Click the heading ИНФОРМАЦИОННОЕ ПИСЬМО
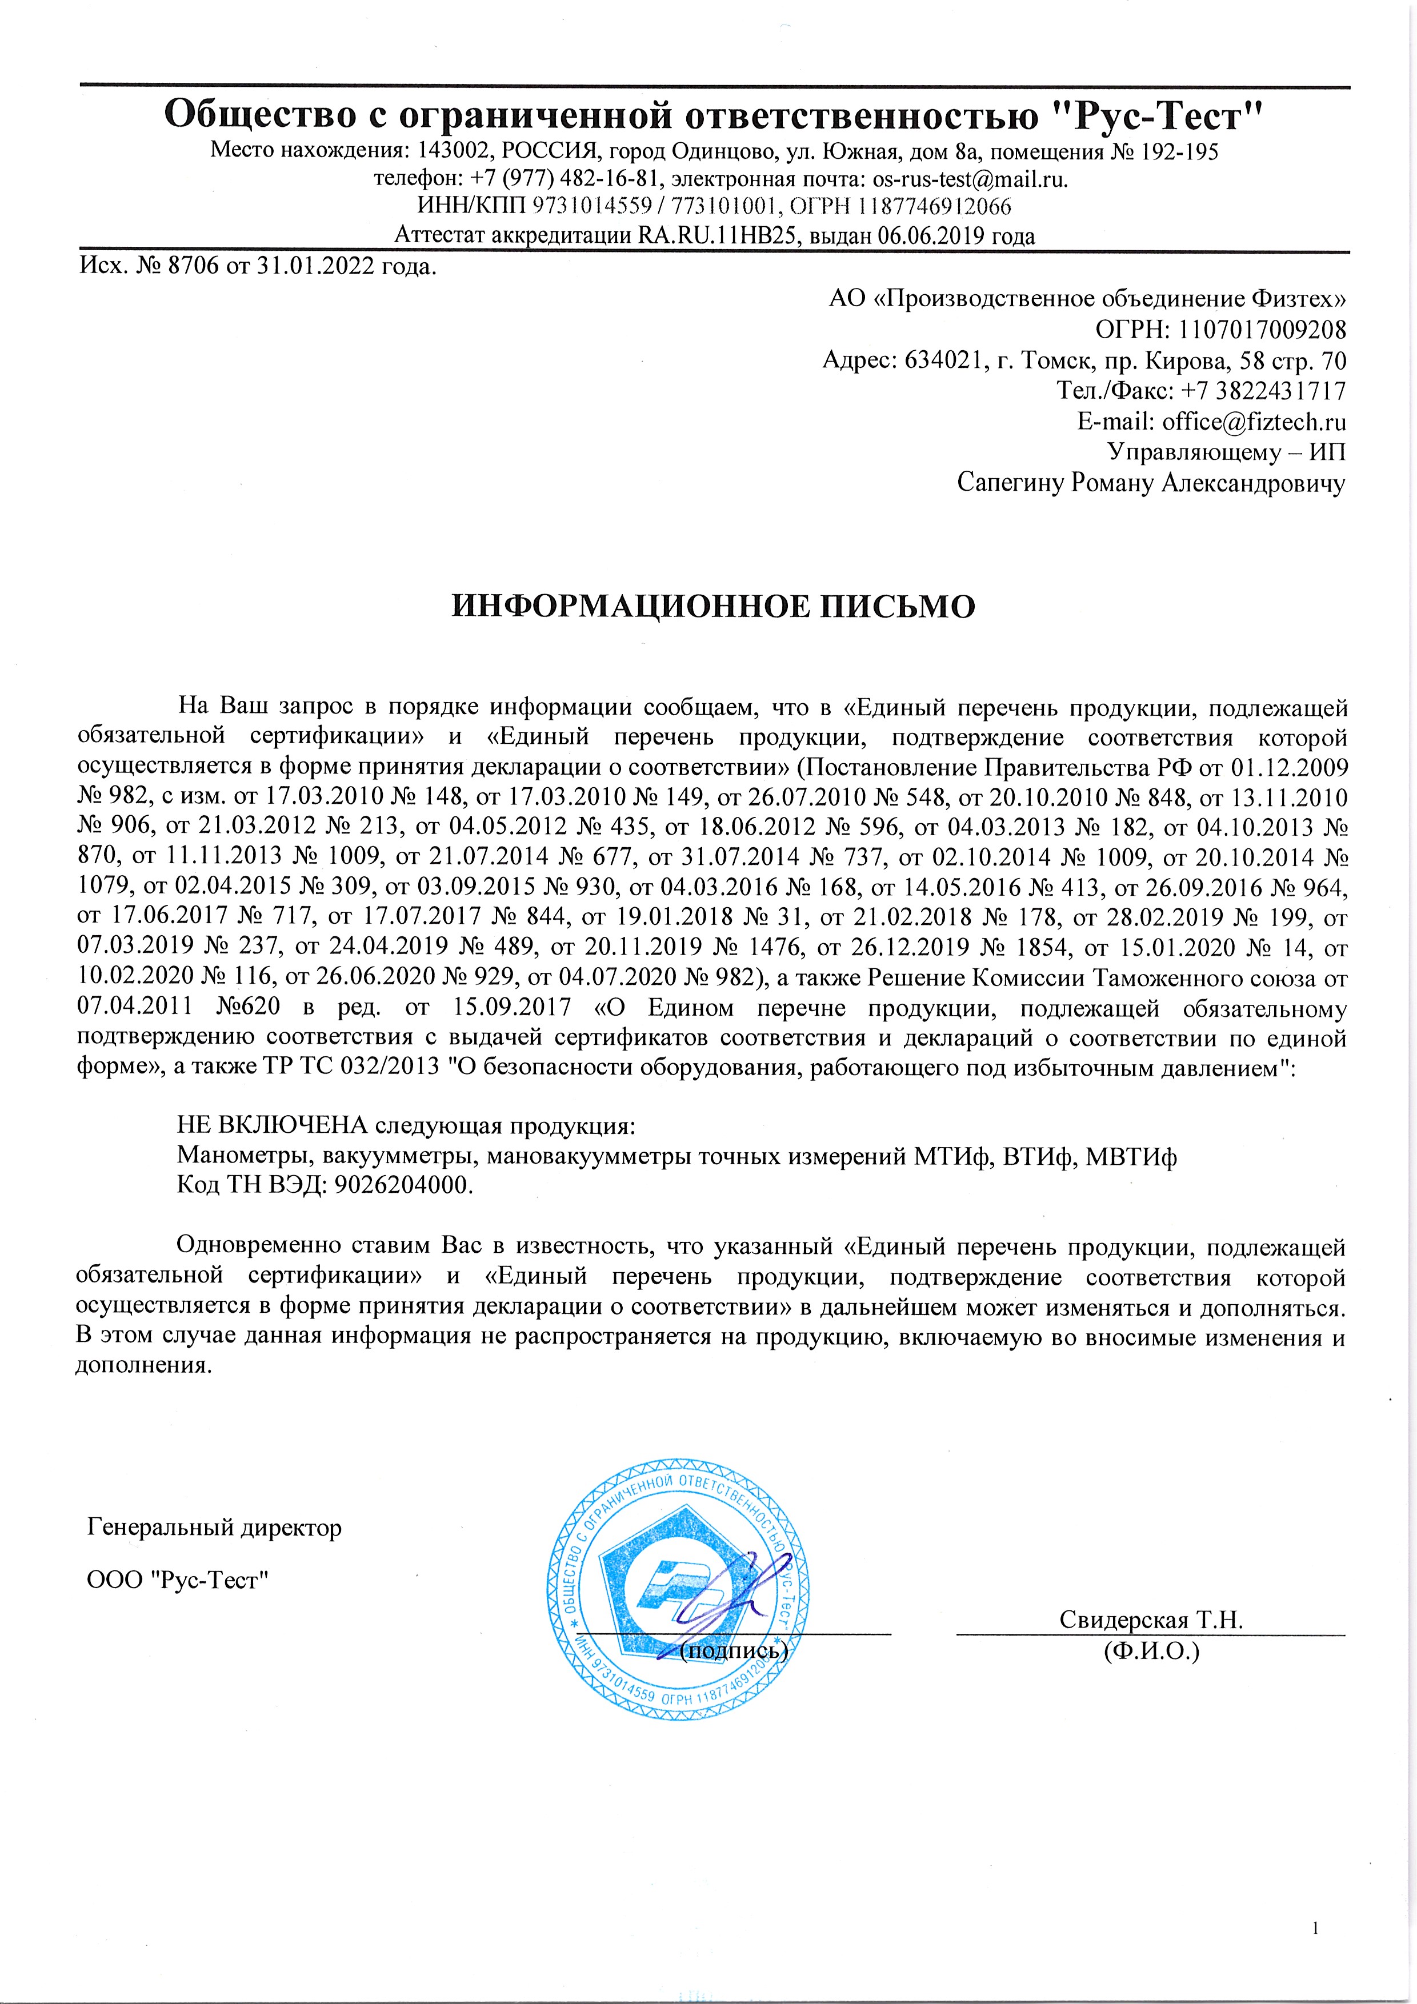pyautogui.click(x=712, y=607)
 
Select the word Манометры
pyautogui.click(x=247, y=1156)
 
